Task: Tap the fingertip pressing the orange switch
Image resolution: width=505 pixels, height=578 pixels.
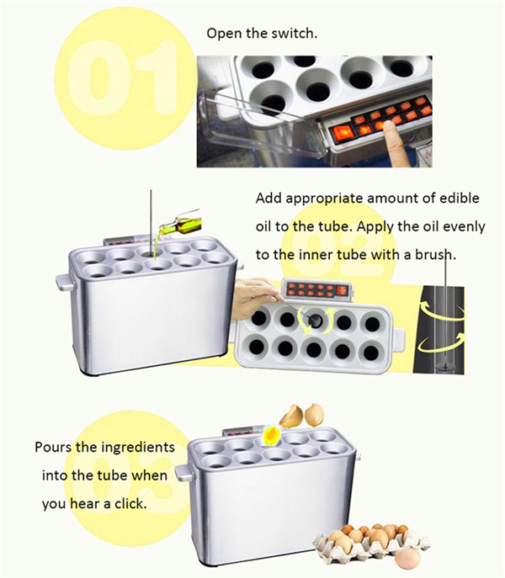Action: (x=388, y=126)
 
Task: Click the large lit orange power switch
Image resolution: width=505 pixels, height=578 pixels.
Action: (x=344, y=131)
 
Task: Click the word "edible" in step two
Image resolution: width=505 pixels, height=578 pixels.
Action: (x=460, y=198)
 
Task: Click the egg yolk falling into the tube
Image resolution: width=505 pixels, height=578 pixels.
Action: (x=272, y=434)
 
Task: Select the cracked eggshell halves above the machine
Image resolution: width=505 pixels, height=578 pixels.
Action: (x=302, y=416)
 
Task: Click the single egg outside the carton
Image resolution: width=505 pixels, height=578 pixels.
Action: (x=408, y=558)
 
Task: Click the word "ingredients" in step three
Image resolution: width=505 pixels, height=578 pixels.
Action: (x=138, y=448)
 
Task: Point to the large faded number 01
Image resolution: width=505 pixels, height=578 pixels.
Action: (x=125, y=78)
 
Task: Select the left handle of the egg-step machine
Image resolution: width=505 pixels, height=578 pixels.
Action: (x=183, y=474)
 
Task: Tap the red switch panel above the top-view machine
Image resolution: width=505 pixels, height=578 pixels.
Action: (x=317, y=289)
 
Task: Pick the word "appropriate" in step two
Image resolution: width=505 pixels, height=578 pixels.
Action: (x=324, y=199)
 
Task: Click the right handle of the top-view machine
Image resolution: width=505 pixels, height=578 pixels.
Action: (x=398, y=340)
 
